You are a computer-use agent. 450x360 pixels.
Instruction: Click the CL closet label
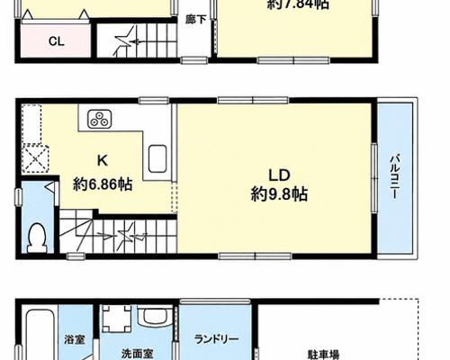(57, 41)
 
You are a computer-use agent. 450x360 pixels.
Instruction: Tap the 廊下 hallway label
(195, 20)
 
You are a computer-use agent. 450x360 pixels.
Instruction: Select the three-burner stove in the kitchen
(100, 119)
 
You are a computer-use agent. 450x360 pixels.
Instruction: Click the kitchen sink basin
(157, 158)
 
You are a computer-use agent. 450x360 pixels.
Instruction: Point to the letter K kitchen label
(103, 161)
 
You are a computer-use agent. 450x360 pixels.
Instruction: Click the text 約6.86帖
(103, 184)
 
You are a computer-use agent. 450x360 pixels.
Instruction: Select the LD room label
(279, 175)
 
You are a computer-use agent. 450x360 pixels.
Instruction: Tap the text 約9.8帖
(279, 194)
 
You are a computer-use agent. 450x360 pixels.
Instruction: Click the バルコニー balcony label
(394, 176)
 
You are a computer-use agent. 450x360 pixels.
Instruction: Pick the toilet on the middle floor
(37, 238)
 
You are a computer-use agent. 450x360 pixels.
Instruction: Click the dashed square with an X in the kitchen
(36, 158)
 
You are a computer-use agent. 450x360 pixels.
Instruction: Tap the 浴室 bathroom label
(75, 340)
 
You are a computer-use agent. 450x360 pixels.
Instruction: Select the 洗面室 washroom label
(138, 354)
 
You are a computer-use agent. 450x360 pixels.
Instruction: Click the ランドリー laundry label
(217, 339)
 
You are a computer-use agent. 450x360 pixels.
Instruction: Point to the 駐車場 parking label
(324, 355)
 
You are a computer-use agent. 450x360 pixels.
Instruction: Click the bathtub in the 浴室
(40, 334)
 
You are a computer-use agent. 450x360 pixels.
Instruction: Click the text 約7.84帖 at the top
(298, 4)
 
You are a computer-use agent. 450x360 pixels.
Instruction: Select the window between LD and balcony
(374, 178)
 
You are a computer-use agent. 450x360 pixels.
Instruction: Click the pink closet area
(56, 40)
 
